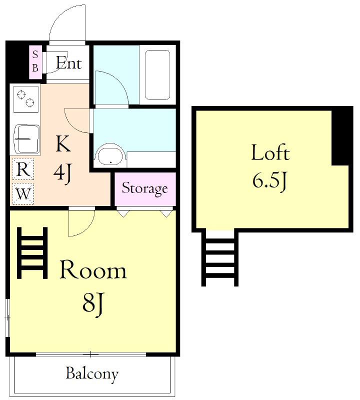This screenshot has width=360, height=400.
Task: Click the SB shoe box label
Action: pyautogui.click(x=35, y=61)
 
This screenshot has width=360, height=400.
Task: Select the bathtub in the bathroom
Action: pyautogui.click(x=157, y=75)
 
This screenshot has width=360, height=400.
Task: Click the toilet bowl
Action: pyautogui.click(x=110, y=155)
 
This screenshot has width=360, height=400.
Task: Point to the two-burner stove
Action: pyautogui.click(x=26, y=99)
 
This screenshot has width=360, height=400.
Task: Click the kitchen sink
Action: pyautogui.click(x=27, y=139)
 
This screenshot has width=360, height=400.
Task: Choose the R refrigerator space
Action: pyautogui.click(x=23, y=169)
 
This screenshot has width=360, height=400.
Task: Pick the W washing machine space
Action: pyautogui.click(x=23, y=194)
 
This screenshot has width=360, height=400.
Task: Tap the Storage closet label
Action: pyautogui.click(x=144, y=188)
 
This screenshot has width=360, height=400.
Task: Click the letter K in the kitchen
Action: pyautogui.click(x=63, y=143)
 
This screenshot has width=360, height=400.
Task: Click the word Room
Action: pyautogui.click(x=93, y=269)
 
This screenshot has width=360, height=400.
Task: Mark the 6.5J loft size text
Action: pyautogui.click(x=270, y=181)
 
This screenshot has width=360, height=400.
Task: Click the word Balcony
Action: pyautogui.click(x=92, y=374)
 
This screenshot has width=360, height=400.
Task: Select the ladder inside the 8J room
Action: pyautogui.click(x=32, y=252)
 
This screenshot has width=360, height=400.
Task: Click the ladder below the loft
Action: pyautogui.click(x=220, y=258)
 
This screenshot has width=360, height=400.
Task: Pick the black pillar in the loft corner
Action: pyautogui.click(x=342, y=136)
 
